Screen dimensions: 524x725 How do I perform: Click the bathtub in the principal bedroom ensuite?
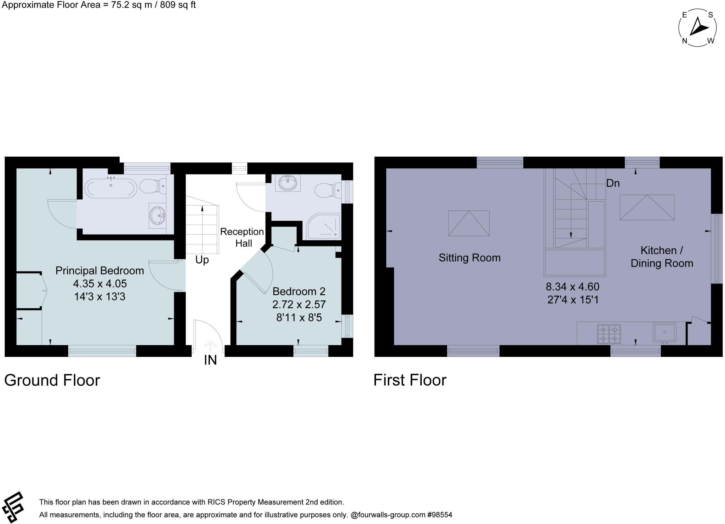[x=110, y=187]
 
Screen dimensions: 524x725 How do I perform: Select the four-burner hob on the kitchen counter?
[x=609, y=334]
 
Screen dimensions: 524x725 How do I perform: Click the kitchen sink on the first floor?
[x=664, y=332]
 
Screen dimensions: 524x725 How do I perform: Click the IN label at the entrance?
[x=210, y=360]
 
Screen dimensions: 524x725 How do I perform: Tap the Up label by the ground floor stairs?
[x=202, y=260]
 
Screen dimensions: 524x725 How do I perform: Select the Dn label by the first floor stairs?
[x=613, y=183]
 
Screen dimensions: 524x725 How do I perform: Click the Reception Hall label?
[x=242, y=237]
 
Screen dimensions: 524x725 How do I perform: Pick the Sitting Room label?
[x=469, y=258]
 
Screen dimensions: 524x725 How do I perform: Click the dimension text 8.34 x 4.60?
[x=572, y=286]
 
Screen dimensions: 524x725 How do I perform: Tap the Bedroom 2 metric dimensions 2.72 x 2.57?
[x=299, y=304]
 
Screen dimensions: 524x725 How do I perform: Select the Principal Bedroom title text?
[x=99, y=271]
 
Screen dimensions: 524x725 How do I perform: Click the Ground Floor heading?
[x=52, y=380]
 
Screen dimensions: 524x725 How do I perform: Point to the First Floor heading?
[x=410, y=380]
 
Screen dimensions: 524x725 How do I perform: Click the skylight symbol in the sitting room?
[x=469, y=223]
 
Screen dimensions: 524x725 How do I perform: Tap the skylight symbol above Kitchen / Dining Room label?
[x=647, y=207]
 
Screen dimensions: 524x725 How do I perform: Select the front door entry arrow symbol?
[x=210, y=345]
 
